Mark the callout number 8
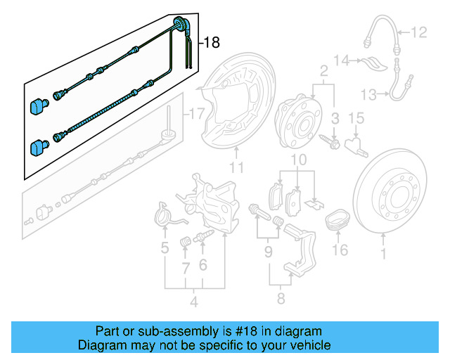click(281, 299)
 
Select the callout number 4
click(194, 303)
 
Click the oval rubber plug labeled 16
click(338, 220)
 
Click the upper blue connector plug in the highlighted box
click(37, 106)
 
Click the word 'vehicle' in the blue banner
click(306, 345)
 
